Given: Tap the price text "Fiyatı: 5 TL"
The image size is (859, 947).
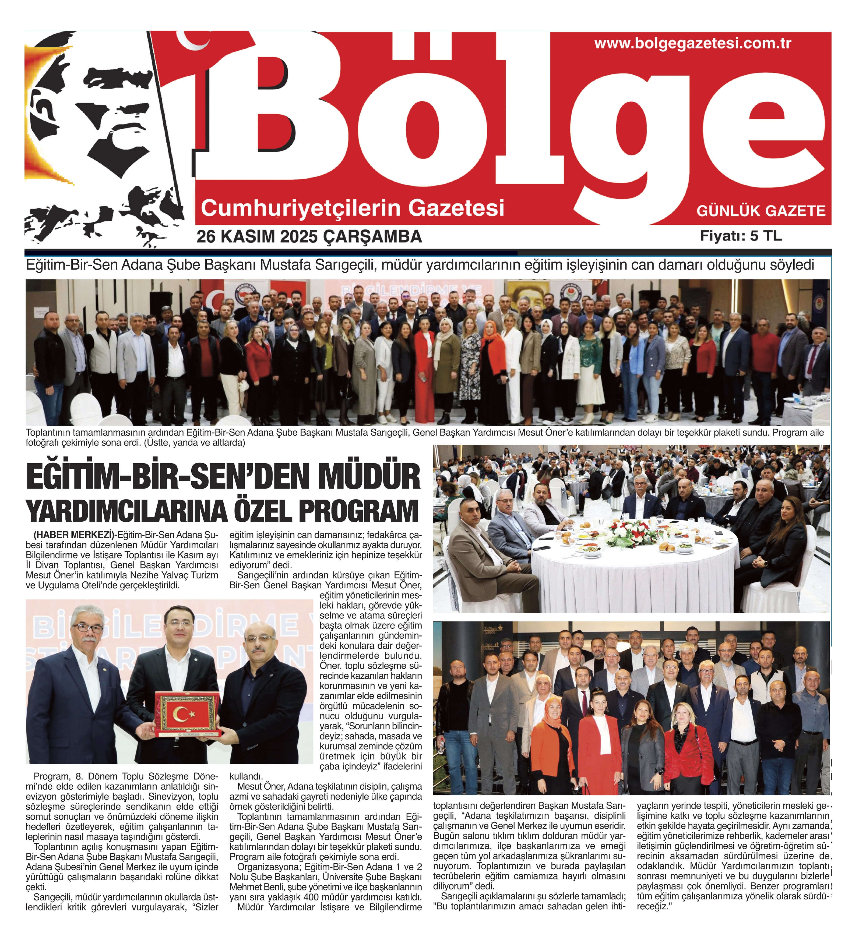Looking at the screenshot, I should click(741, 236).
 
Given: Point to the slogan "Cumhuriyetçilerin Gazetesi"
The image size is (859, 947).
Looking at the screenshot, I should click(353, 208).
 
